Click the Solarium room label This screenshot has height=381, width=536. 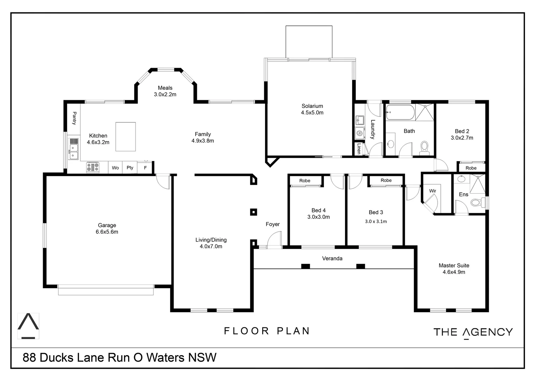(312, 106)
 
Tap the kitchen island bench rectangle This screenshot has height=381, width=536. (126, 137)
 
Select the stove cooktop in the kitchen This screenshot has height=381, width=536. (93, 167)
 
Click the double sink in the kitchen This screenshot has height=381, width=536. (73, 152)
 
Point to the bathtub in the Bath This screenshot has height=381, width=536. (400, 113)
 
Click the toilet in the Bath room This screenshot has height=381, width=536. (424, 147)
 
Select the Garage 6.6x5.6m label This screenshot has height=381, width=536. (107, 229)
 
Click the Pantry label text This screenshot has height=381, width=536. (74, 118)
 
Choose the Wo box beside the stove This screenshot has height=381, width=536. (115, 168)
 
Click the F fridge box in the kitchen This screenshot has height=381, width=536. (145, 168)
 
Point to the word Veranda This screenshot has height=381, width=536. (332, 258)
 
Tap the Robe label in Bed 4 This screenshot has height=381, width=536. (305, 181)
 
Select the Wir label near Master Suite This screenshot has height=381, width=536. (433, 191)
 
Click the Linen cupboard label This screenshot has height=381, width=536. (359, 149)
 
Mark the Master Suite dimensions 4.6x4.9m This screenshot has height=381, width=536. (454, 272)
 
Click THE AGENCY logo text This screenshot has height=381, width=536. (473, 332)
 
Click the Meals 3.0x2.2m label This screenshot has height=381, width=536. (165, 91)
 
